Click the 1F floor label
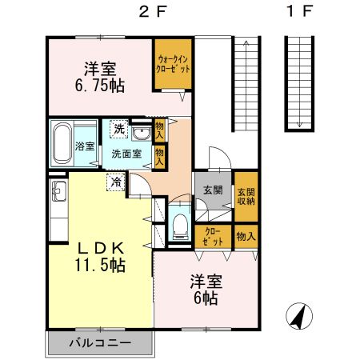pyautogui.click(x=299, y=14)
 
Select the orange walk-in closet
pyautogui.click(x=173, y=63)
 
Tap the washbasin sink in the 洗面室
pyautogui.click(x=142, y=133)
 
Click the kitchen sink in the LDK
pyautogui.click(x=58, y=191)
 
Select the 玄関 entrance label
pyautogui.click(x=213, y=190)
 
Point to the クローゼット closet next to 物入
pyautogui.click(x=213, y=237)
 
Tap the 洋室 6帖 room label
pyautogui.click(x=206, y=289)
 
